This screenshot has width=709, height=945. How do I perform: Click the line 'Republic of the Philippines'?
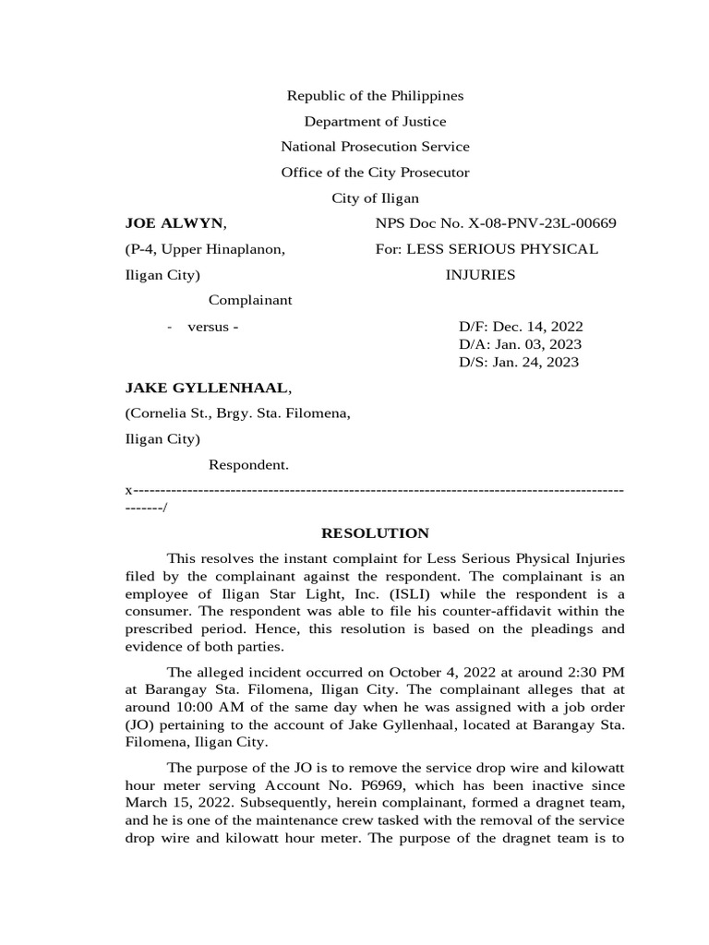coord(375,96)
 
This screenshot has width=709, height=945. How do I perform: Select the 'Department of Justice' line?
coord(375,122)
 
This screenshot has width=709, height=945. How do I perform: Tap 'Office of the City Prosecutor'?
coord(375,173)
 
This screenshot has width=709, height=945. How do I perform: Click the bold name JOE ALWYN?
coord(174,223)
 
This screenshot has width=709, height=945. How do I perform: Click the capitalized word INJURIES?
coord(480,275)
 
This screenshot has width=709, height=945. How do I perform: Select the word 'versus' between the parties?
coord(210,327)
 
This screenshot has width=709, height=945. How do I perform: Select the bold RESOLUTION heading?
coord(374,533)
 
